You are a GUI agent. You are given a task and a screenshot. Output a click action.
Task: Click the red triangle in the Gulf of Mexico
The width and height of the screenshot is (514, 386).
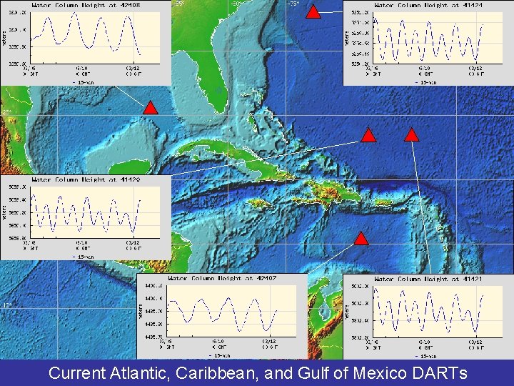[x=150, y=108]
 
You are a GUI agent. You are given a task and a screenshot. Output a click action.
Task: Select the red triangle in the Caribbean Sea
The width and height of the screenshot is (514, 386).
[x=361, y=239]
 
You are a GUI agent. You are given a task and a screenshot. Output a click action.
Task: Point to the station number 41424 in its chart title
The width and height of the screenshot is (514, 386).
[x=469, y=5]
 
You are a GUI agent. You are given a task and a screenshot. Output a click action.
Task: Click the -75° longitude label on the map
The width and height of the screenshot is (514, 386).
[x=293, y=4]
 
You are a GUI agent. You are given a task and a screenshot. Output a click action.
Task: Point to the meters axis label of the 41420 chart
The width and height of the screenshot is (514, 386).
[x=4, y=212]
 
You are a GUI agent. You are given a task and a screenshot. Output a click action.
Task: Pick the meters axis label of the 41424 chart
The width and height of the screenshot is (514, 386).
[x=347, y=37]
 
